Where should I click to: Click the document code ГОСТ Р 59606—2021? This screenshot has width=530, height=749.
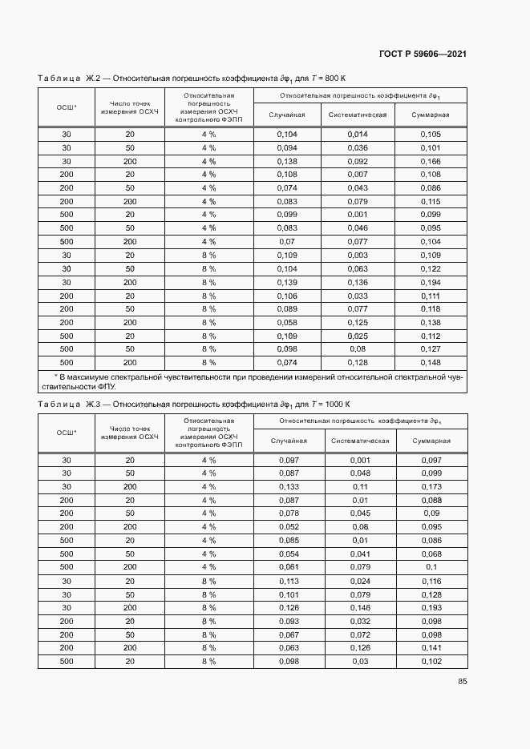[423, 54]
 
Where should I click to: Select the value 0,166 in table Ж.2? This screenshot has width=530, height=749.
[431, 161]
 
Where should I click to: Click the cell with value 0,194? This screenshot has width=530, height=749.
[431, 282]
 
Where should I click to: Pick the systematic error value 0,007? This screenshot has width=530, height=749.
[358, 175]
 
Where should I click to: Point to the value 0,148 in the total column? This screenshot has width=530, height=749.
[431, 362]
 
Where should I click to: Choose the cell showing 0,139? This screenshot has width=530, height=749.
[287, 282]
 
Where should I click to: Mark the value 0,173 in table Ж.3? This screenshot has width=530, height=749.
[431, 487]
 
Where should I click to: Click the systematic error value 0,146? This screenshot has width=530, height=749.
[360, 608]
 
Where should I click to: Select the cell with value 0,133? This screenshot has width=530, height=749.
[289, 487]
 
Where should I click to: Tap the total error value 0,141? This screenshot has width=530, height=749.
[431, 648]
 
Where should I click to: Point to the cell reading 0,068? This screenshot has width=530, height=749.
[431, 554]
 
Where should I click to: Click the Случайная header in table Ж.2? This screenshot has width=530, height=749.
[287, 115]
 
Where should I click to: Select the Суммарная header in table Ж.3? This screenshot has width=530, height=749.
[431, 441]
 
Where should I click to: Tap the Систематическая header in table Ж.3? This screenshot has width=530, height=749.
[360, 441]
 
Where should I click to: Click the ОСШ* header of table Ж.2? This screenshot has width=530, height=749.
[66, 106]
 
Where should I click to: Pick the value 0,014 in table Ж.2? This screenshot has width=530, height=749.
[358, 135]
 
